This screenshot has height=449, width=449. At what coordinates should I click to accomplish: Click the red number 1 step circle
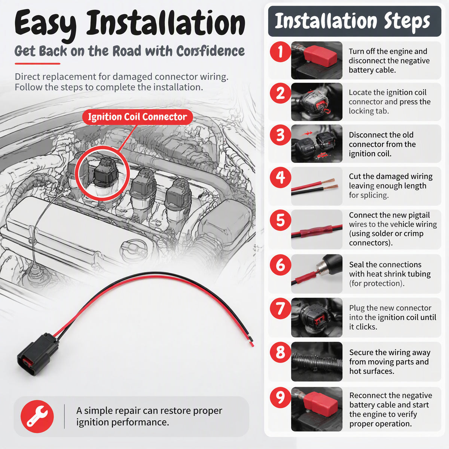[x=280, y=52]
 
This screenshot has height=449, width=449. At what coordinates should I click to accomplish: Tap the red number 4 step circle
[x=280, y=177]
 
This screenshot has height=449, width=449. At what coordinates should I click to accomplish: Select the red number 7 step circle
[x=280, y=308]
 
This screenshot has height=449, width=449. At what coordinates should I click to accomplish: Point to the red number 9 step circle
[x=280, y=397]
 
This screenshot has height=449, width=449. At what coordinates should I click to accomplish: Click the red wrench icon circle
[x=37, y=416]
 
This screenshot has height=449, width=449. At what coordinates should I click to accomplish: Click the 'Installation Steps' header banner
[x=355, y=21]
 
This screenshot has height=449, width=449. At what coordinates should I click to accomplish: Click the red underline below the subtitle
[x=37, y=64]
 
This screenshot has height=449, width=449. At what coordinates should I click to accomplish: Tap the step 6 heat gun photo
[x=317, y=274]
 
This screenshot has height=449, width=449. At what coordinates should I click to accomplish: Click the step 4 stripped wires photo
[x=317, y=186]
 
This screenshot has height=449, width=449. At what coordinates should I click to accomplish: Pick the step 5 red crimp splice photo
[x=317, y=229]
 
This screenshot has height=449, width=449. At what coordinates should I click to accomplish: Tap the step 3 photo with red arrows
[x=317, y=144]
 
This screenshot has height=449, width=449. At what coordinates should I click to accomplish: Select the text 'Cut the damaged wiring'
[x=391, y=176]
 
